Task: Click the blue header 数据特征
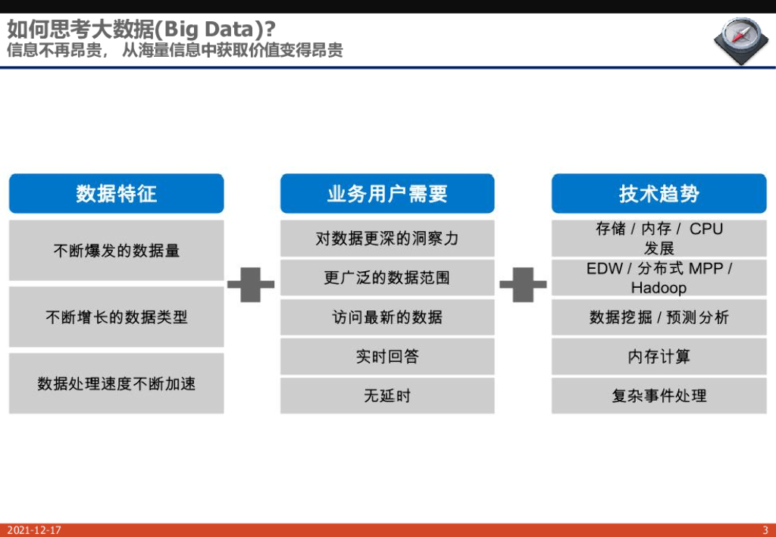(116, 194)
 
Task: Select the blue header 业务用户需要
(387, 194)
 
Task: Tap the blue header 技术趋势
(659, 194)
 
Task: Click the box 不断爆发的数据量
(116, 251)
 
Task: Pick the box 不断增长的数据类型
(116, 317)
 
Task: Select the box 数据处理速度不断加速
(116, 383)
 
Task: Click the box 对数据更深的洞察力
(387, 239)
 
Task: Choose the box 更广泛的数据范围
(387, 278)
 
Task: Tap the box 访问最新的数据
(387, 317)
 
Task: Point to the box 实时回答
(387, 357)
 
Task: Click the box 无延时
(387, 395)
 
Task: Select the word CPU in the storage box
(706, 229)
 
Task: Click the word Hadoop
(659, 288)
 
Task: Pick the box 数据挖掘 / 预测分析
(659, 317)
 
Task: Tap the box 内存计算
(659, 357)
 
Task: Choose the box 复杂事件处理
(659, 395)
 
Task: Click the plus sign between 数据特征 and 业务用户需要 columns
(251, 284)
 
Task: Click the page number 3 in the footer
(765, 530)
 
